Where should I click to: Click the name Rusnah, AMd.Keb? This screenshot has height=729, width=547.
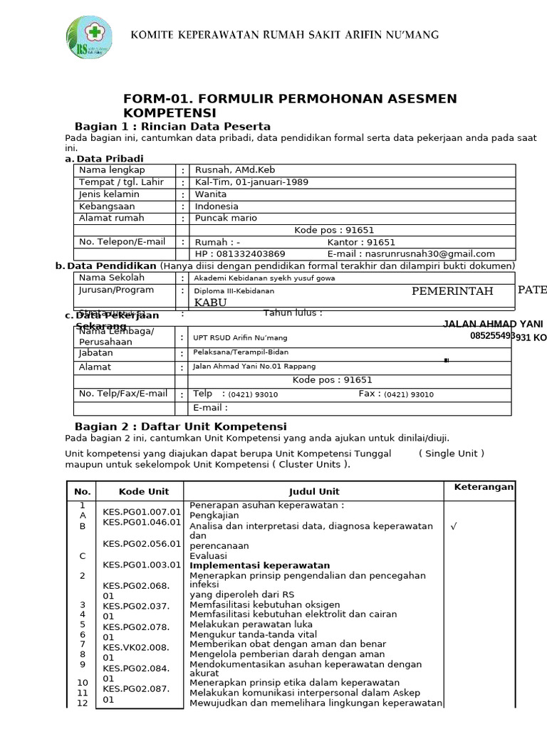click(234, 170)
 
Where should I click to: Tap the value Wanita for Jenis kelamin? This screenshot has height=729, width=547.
click(211, 194)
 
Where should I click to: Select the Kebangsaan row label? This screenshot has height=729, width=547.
click(108, 206)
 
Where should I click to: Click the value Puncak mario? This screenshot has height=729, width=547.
click(226, 218)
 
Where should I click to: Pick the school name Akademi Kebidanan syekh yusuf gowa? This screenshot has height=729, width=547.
click(264, 278)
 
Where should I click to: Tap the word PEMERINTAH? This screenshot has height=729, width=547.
click(452, 290)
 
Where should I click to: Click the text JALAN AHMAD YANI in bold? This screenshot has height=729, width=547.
click(493, 324)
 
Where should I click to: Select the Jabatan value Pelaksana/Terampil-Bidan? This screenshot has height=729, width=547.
click(241, 352)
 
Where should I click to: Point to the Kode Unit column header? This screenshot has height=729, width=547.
click(144, 491)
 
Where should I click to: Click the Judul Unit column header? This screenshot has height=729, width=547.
click(314, 491)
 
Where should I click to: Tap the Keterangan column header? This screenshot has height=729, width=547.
click(484, 487)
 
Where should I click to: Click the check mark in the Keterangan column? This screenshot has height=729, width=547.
click(453, 527)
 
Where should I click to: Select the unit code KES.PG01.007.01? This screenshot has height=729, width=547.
click(141, 511)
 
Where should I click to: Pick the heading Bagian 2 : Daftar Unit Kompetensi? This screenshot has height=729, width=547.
click(180, 426)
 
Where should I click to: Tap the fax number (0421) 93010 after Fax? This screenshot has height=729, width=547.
click(409, 394)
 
